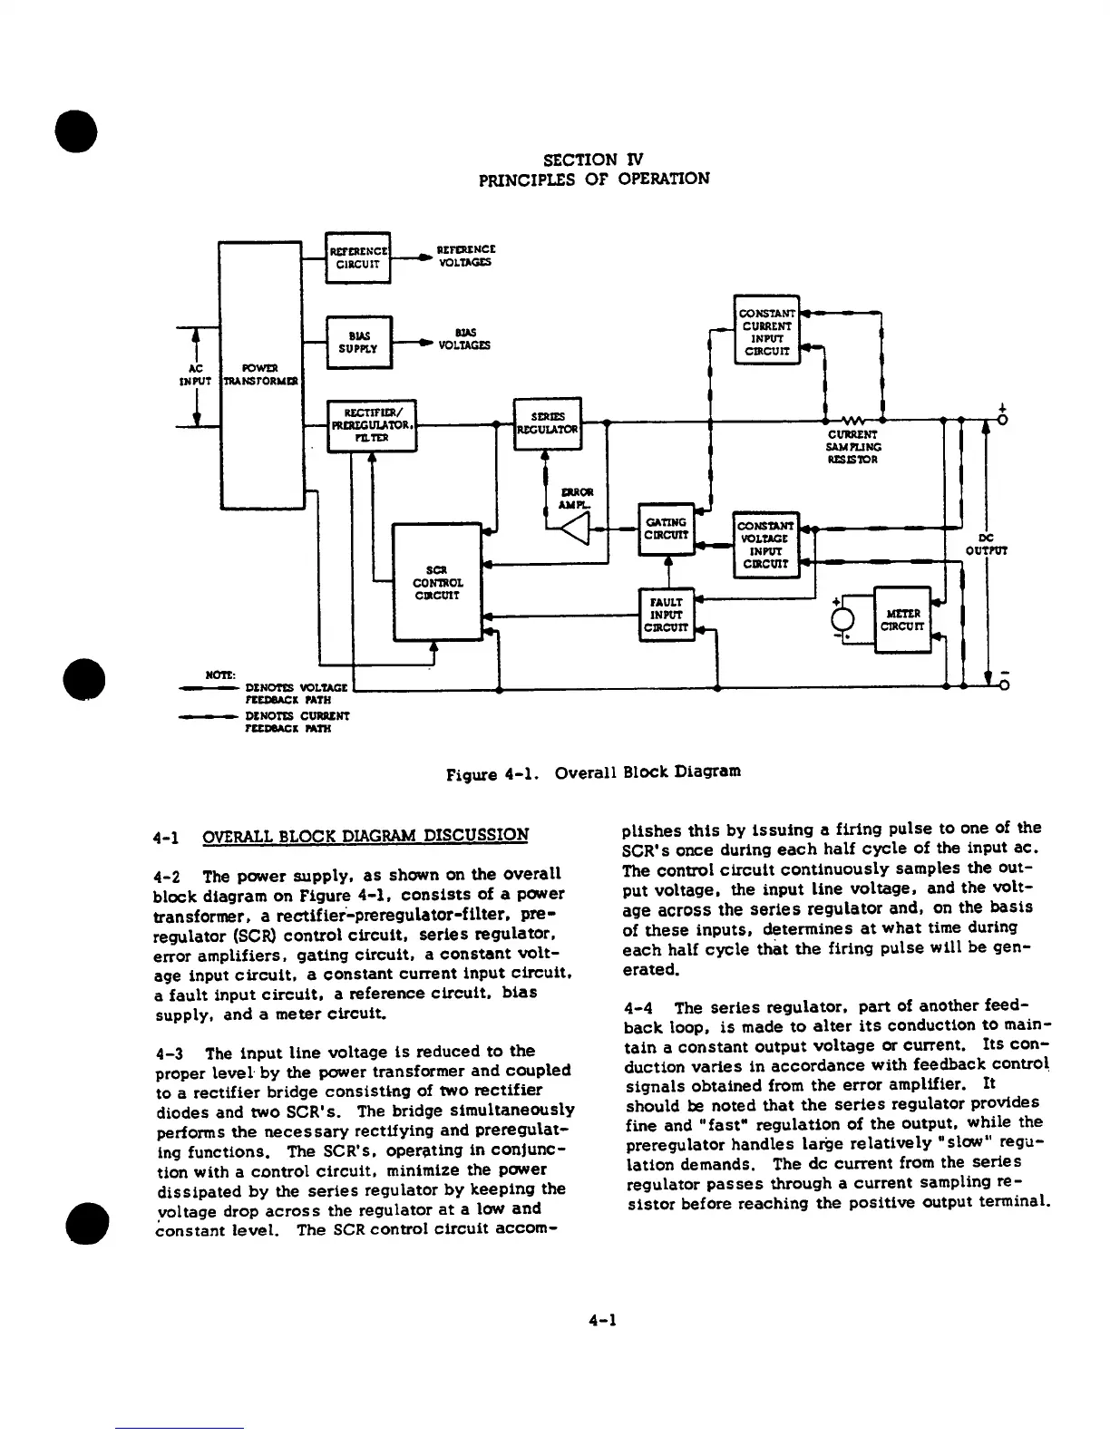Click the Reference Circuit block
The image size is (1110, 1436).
357,257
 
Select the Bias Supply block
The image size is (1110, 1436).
358,342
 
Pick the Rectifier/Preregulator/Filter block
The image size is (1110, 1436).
372,425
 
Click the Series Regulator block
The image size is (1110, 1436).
547,423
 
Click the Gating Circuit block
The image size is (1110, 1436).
666,529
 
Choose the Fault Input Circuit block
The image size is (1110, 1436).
666,614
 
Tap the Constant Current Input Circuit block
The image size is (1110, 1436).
766,330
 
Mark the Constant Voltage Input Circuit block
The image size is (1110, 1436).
766,544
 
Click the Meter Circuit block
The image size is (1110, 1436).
901,619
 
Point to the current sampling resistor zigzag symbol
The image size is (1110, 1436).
853,421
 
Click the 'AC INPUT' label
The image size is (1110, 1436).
196,374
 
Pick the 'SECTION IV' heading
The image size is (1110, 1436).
593,159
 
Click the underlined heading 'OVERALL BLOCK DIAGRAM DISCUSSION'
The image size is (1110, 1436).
365,835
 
